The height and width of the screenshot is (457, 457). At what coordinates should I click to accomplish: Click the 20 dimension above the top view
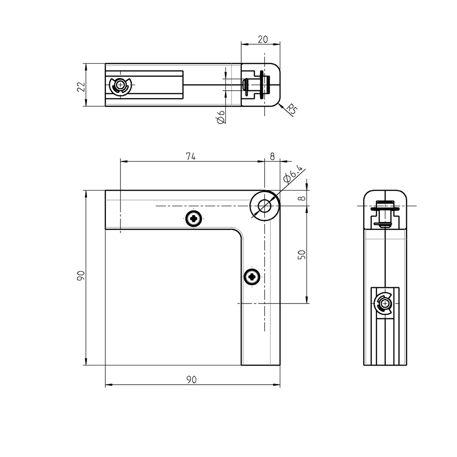point(263,39)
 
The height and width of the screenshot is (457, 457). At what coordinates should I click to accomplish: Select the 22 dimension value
point(81,86)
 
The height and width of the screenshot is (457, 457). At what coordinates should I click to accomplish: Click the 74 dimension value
point(191,156)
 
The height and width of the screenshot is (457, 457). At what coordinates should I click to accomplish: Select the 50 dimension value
point(302,254)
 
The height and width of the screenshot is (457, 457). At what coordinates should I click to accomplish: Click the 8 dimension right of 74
point(272,156)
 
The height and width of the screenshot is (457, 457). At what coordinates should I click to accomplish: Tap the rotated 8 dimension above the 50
point(303,197)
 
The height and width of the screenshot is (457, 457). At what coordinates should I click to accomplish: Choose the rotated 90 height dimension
point(80,276)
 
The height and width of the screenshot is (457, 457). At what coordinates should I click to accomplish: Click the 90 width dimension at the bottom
point(191,379)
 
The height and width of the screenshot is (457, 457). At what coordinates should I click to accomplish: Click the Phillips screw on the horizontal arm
point(194,218)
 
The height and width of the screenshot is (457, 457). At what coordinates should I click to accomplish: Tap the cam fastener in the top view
point(120,85)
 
